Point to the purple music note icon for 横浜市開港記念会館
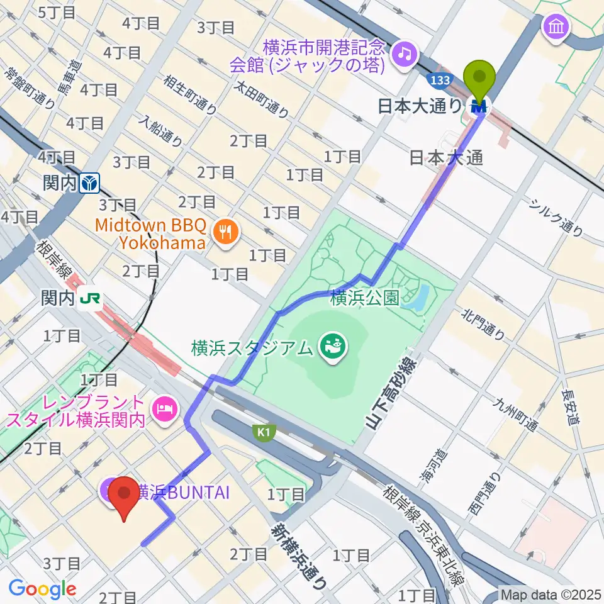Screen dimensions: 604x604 coord(403,55)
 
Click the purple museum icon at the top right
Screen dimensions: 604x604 coord(557,27)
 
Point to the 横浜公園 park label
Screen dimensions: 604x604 coord(365,298)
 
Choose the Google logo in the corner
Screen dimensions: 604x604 coord(43,588)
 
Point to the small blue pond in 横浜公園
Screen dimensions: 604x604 coord(419,297)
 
